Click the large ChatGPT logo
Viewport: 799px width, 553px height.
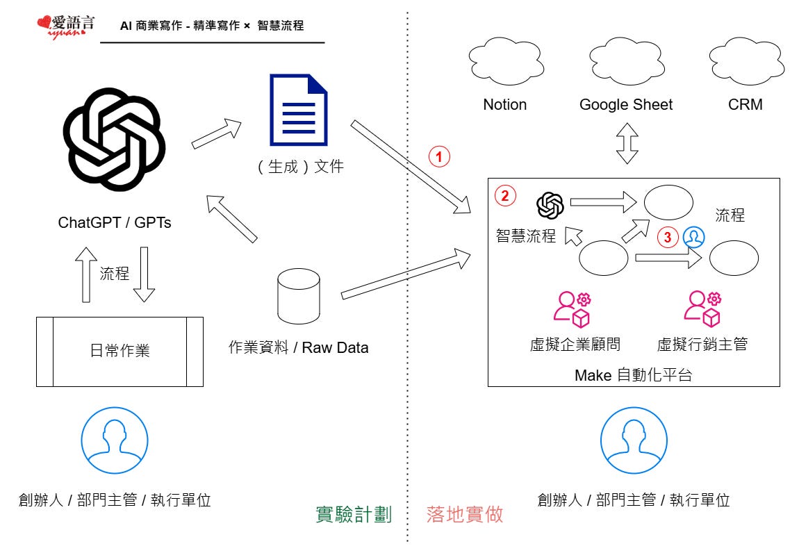(x=114, y=142)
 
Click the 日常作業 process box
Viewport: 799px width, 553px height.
(x=120, y=352)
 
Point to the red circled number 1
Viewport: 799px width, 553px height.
(x=439, y=156)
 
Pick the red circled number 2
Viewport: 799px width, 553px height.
(x=505, y=196)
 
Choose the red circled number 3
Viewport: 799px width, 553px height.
(x=668, y=238)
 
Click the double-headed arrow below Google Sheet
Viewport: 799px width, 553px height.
(x=627, y=144)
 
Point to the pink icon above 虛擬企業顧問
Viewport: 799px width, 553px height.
(x=572, y=309)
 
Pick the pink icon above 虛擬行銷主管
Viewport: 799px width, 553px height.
(x=702, y=309)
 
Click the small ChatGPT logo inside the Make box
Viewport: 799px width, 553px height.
(x=550, y=205)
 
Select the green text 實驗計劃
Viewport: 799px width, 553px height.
(x=354, y=515)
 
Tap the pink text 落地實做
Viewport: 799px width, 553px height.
(x=465, y=515)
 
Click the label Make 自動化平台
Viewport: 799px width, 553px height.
(x=634, y=376)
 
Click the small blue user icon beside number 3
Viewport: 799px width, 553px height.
(x=693, y=238)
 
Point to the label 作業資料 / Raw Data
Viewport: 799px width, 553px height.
(x=299, y=347)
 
